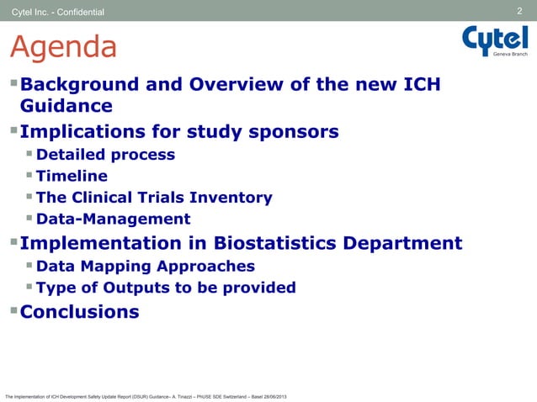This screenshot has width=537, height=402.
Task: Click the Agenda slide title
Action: [63, 48]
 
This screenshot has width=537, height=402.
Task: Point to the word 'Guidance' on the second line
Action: [66, 107]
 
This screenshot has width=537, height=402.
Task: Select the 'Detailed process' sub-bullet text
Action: [106, 155]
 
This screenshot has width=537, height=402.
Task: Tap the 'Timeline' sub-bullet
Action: [72, 177]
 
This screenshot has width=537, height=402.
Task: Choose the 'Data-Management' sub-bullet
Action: [114, 220]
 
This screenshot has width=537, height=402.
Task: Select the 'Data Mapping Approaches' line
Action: [146, 267]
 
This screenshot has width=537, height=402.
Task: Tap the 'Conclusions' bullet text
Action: [80, 311]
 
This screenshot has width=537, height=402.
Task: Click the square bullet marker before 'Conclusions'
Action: [13, 311]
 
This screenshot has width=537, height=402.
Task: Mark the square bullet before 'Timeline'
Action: [29, 176]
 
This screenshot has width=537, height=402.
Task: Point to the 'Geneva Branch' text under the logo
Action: [510, 54]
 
